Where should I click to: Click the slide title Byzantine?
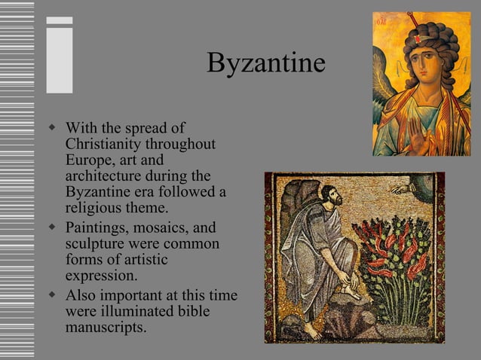[265, 63]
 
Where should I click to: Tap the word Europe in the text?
[89, 160]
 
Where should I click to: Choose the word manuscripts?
[106, 327]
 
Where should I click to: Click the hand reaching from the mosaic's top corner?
[400, 188]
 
